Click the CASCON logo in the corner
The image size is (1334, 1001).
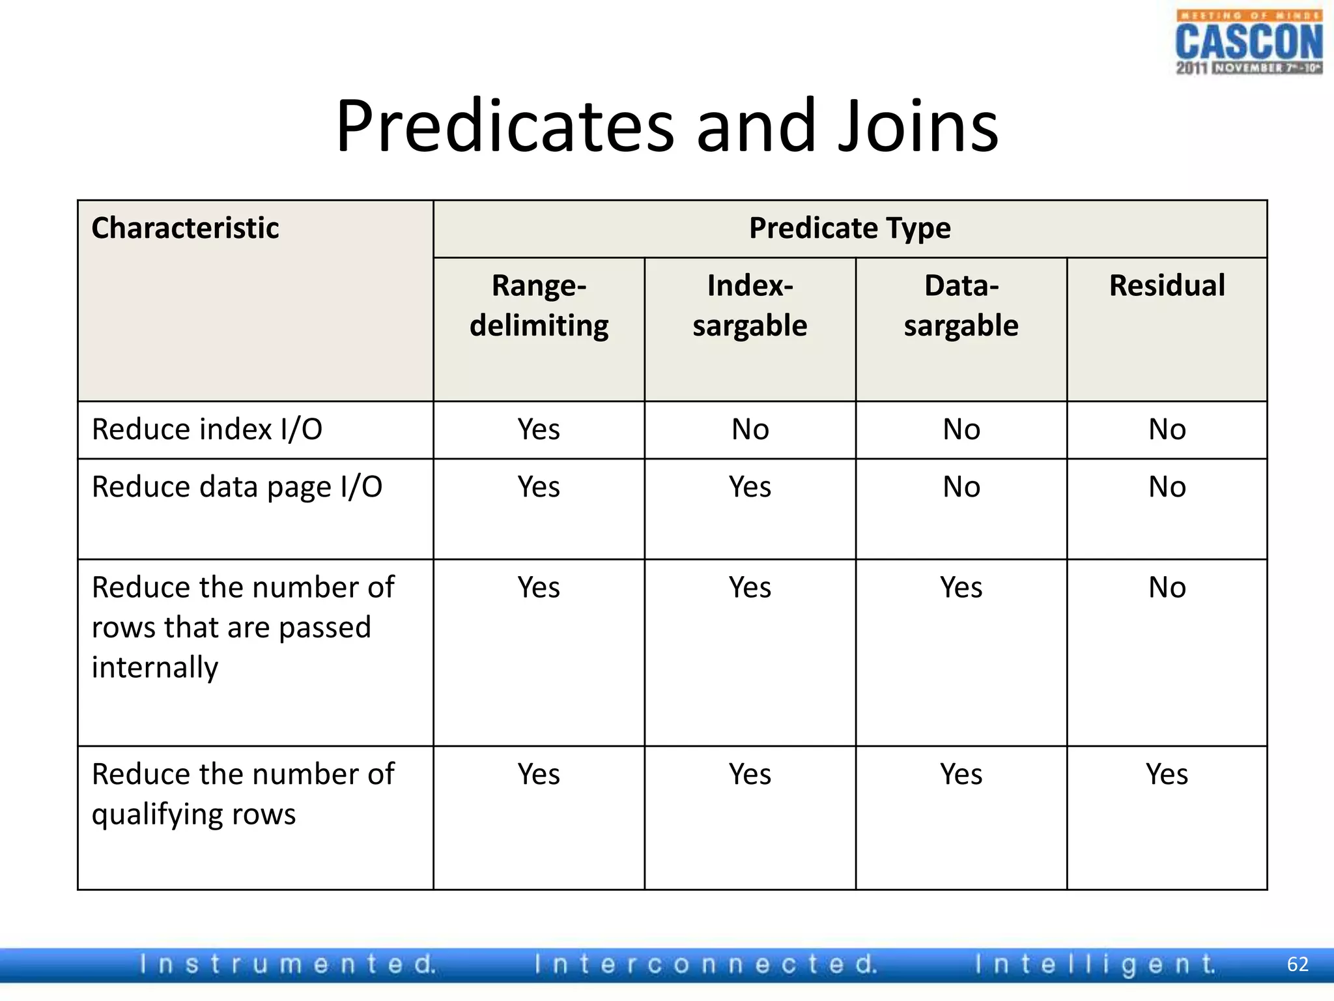point(1249,43)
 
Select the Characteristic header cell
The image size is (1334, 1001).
point(185,228)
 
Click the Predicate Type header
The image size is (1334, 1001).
point(849,228)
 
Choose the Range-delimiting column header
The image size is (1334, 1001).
point(539,305)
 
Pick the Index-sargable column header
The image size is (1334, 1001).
point(750,305)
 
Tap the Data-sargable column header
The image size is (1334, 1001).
point(961,305)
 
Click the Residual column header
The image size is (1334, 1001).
point(1167,285)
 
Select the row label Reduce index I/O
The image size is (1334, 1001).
point(207,429)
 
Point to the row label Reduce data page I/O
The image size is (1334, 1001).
point(237,487)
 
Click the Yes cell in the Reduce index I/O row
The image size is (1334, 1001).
point(539,429)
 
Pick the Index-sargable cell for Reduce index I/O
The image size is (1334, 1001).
point(750,429)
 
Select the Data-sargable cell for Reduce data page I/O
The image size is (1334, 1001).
point(961,487)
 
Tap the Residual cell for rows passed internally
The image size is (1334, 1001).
point(1167,587)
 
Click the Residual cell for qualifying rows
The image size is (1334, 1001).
point(1167,774)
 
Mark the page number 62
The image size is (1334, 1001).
point(1298,965)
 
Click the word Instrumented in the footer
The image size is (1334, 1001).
point(288,965)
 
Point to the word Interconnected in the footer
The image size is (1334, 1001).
point(705,965)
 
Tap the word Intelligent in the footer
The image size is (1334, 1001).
point(1095,965)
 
